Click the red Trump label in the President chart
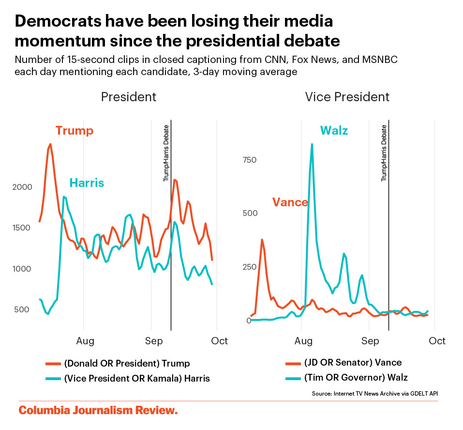[x=74, y=131]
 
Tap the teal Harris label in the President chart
[x=87, y=183]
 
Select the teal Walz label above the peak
[x=333, y=131]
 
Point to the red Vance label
[x=290, y=202]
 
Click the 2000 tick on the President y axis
[x=22, y=187]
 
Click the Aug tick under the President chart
[x=85, y=341]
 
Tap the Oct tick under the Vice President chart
[x=437, y=341]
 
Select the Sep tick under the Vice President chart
[x=370, y=341]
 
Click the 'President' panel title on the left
[x=128, y=97]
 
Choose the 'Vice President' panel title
[x=347, y=97]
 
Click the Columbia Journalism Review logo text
[x=98, y=411]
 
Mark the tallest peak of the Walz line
[x=312, y=144]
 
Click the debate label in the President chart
[x=166, y=153]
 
